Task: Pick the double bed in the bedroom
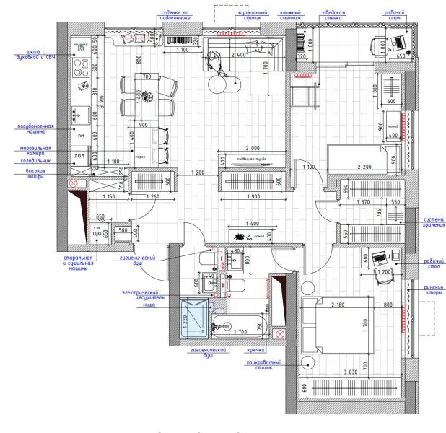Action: (338, 328)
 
